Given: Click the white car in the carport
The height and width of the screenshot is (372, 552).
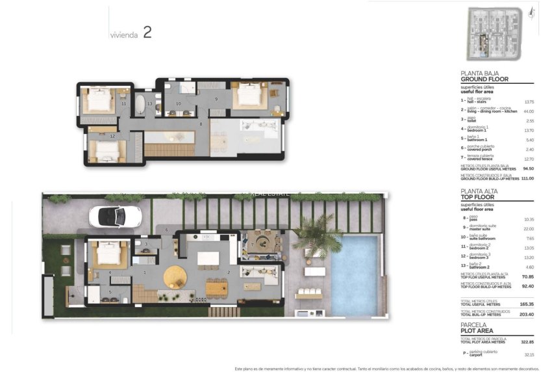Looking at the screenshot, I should tap(115, 217).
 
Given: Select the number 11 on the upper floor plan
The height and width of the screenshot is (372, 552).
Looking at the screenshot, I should tap(123, 104).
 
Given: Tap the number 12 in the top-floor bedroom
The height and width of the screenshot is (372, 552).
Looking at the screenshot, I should tap(112, 136).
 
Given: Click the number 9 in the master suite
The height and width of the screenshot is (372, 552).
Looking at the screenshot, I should tap(216, 99).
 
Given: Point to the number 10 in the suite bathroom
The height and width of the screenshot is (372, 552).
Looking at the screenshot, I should tap(179, 104).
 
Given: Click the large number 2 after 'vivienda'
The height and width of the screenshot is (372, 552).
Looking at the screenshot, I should tap(147, 33).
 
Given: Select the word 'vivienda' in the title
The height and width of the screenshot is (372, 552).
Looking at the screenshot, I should tap(123, 36).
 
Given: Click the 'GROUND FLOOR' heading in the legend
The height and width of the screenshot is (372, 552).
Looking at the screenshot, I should tap(484, 79).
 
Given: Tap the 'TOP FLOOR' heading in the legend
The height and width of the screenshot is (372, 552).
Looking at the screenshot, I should tap(478, 197).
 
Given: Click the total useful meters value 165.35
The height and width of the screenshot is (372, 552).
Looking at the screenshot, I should tap(526, 304).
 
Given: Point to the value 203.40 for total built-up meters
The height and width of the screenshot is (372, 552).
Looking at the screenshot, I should tap(526, 314).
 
